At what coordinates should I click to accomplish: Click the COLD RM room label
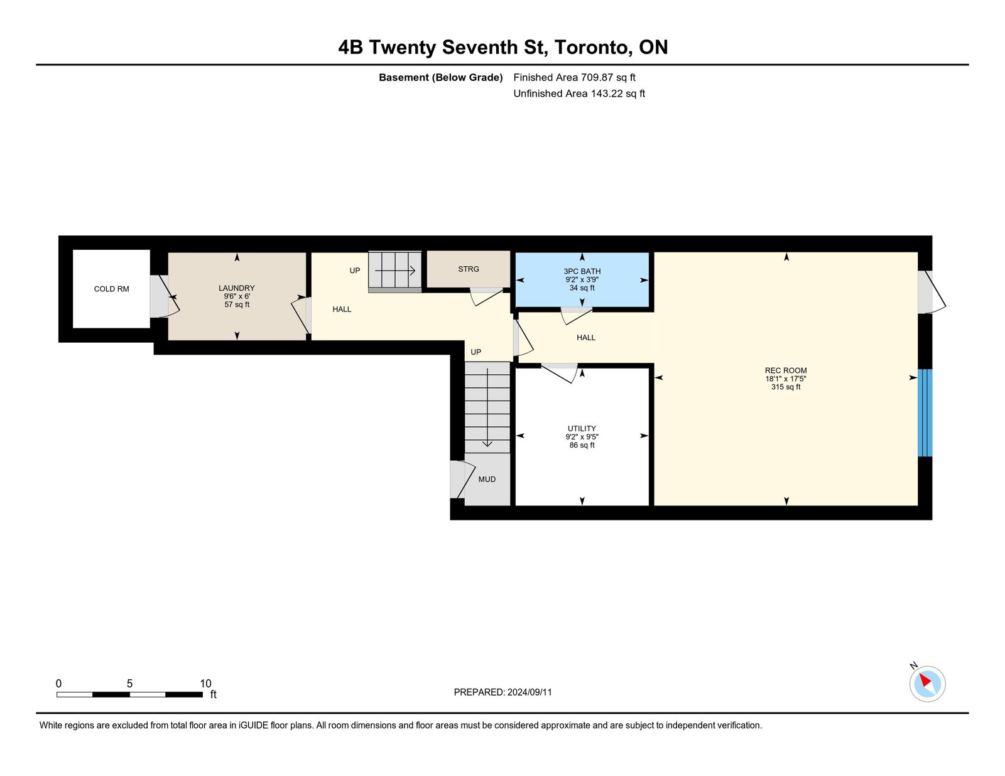tap(111, 289)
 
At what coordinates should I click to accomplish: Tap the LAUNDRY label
tap(237, 288)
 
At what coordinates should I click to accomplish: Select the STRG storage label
tap(469, 269)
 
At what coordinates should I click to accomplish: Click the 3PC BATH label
tap(582, 271)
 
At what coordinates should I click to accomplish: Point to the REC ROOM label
tap(786, 370)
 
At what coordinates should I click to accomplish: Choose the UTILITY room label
tap(582, 428)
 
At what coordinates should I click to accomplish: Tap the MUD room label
tap(487, 479)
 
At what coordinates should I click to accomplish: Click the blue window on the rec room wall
tap(925, 412)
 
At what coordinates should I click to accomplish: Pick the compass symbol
tap(927, 684)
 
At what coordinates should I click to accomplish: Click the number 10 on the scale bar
tap(206, 683)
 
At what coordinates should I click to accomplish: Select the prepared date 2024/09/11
tap(530, 692)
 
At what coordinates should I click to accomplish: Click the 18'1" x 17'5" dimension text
tap(786, 379)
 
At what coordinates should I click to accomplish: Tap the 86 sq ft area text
tap(582, 445)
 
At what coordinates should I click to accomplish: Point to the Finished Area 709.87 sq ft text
tap(574, 77)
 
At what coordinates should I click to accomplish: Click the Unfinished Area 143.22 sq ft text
tap(579, 94)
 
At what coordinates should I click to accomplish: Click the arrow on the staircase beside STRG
tap(395, 271)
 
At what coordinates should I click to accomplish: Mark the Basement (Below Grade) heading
tap(441, 77)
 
